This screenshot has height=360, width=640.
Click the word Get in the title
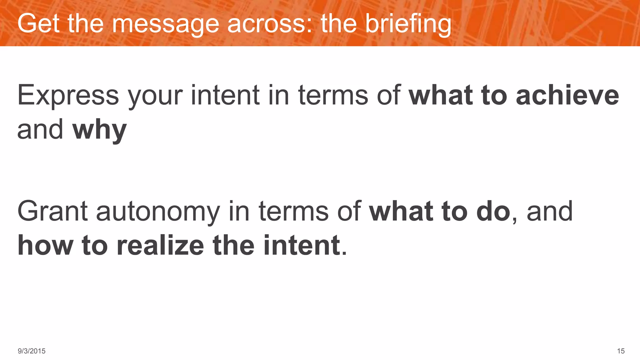(38, 23)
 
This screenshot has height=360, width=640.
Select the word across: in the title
(270, 23)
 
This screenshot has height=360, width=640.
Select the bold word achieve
(567, 95)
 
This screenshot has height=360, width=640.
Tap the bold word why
(99, 130)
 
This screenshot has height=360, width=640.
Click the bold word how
(45, 246)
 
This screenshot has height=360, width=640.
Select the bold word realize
(160, 246)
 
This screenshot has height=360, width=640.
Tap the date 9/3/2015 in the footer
(32, 351)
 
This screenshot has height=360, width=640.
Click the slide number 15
(621, 351)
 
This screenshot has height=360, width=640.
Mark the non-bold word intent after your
(225, 95)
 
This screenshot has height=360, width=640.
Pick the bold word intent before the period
(302, 246)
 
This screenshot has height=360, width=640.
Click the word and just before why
(40, 129)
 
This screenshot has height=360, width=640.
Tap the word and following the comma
(550, 211)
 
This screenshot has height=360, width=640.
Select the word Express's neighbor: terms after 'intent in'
(333, 95)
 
